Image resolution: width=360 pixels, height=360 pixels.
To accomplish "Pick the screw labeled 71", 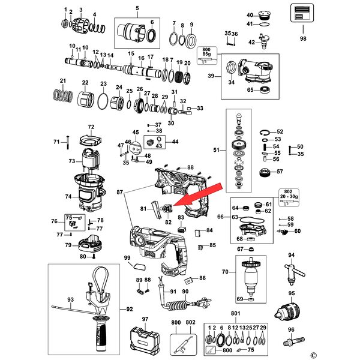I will coord(68,142).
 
